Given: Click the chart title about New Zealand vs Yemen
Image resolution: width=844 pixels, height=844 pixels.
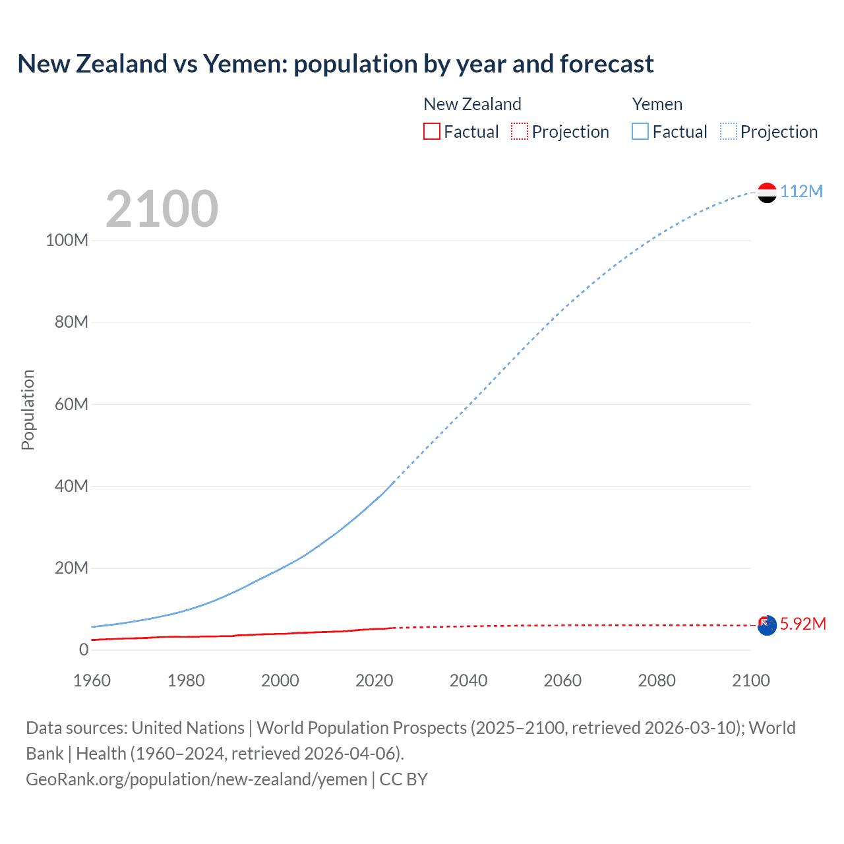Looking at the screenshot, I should click(335, 64).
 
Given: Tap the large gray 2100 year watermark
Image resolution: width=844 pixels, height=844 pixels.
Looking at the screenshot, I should click(162, 209).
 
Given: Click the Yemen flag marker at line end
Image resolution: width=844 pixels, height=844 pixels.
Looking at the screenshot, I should click(767, 193).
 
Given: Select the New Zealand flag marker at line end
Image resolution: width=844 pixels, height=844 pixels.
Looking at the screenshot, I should click(767, 626).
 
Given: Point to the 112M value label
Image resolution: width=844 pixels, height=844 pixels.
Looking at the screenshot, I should click(801, 191).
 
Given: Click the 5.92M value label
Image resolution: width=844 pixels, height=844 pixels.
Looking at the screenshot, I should click(802, 624).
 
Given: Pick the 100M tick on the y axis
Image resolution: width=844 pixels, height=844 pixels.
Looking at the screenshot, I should click(67, 240).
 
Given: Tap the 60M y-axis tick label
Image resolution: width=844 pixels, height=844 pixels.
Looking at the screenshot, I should click(71, 404).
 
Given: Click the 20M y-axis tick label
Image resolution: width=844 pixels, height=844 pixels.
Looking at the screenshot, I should click(71, 568).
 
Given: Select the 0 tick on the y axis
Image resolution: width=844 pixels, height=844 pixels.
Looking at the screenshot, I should click(83, 649).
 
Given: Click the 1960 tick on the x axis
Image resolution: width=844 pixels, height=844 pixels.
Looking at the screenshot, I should click(92, 680).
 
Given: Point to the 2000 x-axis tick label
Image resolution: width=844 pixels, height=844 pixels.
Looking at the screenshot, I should click(280, 680).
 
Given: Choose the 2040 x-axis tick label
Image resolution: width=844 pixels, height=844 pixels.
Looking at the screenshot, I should click(468, 680).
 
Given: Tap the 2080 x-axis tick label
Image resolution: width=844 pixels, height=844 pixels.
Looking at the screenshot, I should click(657, 680).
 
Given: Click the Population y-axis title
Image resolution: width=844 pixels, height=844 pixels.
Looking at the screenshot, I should click(28, 409).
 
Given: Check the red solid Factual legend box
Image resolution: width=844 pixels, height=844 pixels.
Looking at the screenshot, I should click(432, 131).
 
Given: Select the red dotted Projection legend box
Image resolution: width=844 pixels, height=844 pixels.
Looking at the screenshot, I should click(520, 131).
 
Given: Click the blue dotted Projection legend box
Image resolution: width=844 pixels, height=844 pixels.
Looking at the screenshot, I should click(728, 131).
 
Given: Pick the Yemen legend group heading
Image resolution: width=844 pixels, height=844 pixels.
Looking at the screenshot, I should click(657, 104).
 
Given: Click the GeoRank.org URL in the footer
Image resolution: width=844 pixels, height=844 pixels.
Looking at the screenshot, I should click(196, 779).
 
